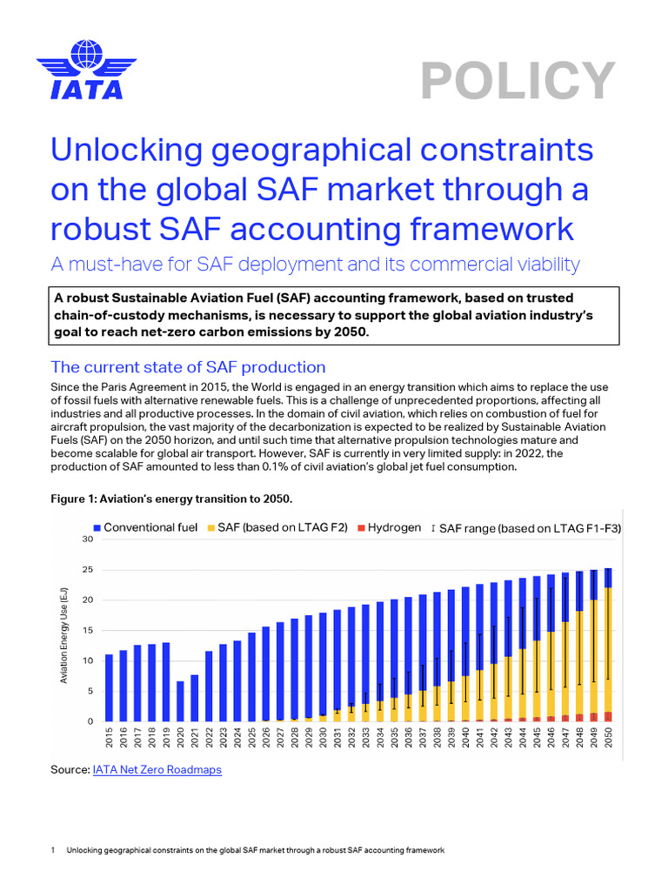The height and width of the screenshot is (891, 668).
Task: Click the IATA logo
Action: pyautogui.click(x=80, y=69)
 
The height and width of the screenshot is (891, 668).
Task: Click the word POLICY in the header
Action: pyautogui.click(x=518, y=81)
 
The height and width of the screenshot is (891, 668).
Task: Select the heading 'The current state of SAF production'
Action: pyautogui.click(x=188, y=366)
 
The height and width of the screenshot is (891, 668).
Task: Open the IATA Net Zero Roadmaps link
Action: pyautogui.click(x=157, y=770)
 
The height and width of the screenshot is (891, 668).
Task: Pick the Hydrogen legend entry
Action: pyautogui.click(x=390, y=528)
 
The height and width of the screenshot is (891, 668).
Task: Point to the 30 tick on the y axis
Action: pyautogui.click(x=87, y=539)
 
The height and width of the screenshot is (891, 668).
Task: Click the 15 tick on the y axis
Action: pyautogui.click(x=87, y=631)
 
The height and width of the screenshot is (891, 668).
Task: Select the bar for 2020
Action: pyautogui.click(x=180, y=701)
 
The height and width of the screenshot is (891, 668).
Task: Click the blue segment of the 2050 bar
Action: pyautogui.click(x=608, y=578)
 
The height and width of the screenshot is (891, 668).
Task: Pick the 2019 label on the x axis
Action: pyautogui.click(x=165, y=738)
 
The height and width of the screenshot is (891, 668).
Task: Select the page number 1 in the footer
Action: pyautogui.click(x=54, y=850)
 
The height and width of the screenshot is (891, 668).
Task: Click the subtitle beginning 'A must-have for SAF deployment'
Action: pyautogui.click(x=315, y=264)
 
